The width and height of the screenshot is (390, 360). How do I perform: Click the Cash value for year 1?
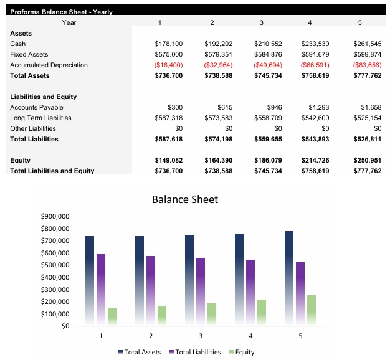pyautogui.click(x=168, y=44)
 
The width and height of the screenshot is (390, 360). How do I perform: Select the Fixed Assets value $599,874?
pyautogui.click(x=367, y=55)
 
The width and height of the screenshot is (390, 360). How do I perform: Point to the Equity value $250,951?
pyautogui.click(x=366, y=161)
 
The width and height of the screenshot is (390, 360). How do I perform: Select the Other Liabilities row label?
pyautogui.click(x=32, y=129)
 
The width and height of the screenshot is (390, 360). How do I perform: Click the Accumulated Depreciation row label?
pyautogui.click(x=49, y=65)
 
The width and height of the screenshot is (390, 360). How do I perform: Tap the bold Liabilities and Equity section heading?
pyautogui.click(x=43, y=97)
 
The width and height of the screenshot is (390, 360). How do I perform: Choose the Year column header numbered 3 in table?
pyautogui.click(x=261, y=23)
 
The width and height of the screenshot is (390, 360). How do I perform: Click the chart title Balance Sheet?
pyautogui.click(x=185, y=200)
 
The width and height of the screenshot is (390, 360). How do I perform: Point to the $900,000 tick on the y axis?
pyautogui.click(x=54, y=217)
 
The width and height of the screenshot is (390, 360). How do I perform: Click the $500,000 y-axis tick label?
pyautogui.click(x=54, y=265)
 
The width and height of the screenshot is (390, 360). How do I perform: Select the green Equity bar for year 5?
pyautogui.click(x=311, y=310)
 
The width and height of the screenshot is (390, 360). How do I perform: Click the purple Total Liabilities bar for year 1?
pyautogui.click(x=101, y=290)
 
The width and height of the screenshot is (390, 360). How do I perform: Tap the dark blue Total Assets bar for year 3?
pyautogui.click(x=189, y=280)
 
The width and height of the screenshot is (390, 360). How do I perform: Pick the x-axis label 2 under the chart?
pyautogui.click(x=151, y=336)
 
